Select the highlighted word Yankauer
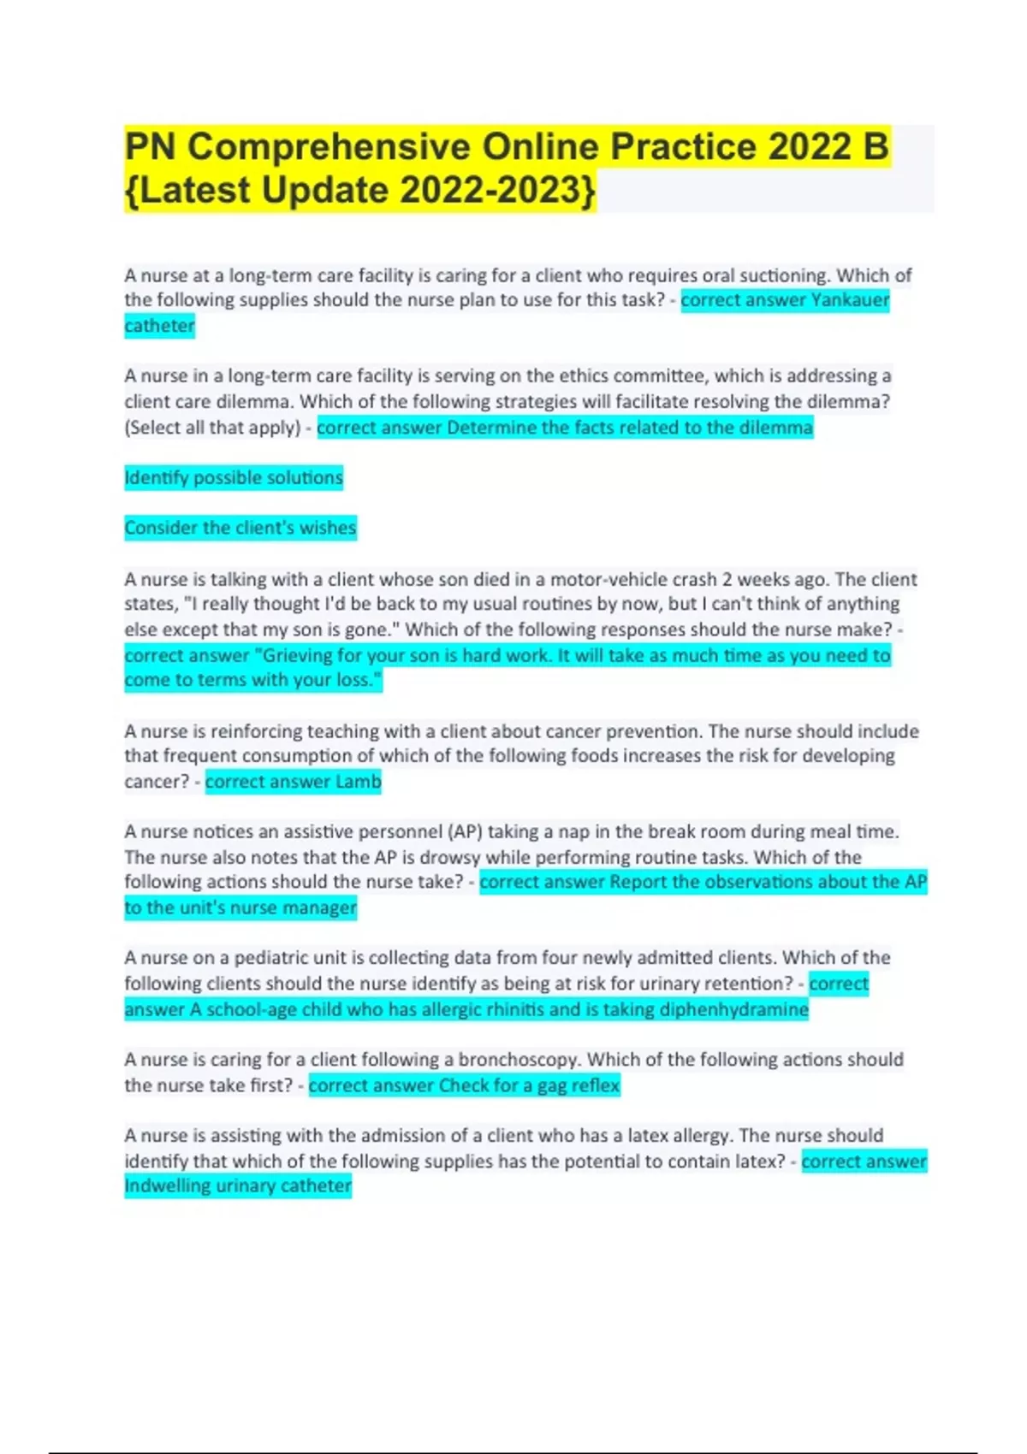[x=850, y=300]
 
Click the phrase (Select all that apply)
[x=212, y=428]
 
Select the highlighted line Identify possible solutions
[x=234, y=477]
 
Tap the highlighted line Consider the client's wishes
[x=240, y=528]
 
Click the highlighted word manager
[x=318, y=907]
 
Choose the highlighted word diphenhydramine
[x=736, y=1009]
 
